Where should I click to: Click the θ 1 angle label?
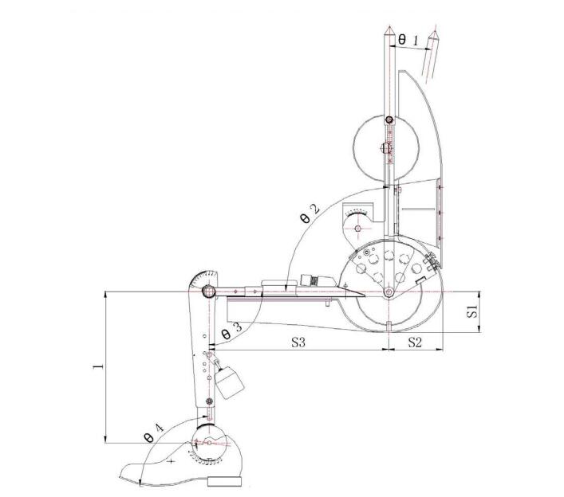408,40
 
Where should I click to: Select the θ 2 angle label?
310,213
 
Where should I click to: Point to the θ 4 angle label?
154,432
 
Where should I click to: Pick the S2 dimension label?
414,342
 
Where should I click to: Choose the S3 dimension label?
298,342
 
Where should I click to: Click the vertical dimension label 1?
98,366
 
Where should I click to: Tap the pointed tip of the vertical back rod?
388,27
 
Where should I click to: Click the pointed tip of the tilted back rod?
436,31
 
